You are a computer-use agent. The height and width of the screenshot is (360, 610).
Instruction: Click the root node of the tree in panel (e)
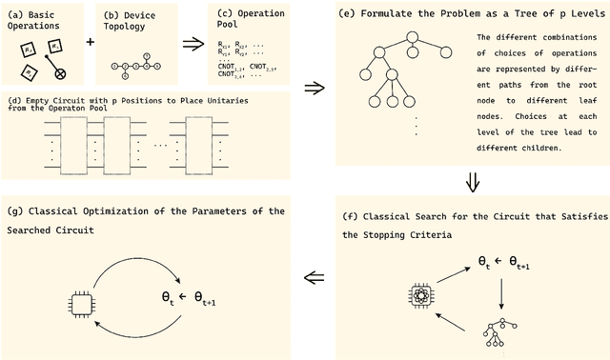point(412,38)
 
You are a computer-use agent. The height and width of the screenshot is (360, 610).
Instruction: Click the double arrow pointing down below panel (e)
point(471,181)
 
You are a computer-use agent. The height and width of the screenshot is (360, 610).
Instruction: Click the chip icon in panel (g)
point(81,304)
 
